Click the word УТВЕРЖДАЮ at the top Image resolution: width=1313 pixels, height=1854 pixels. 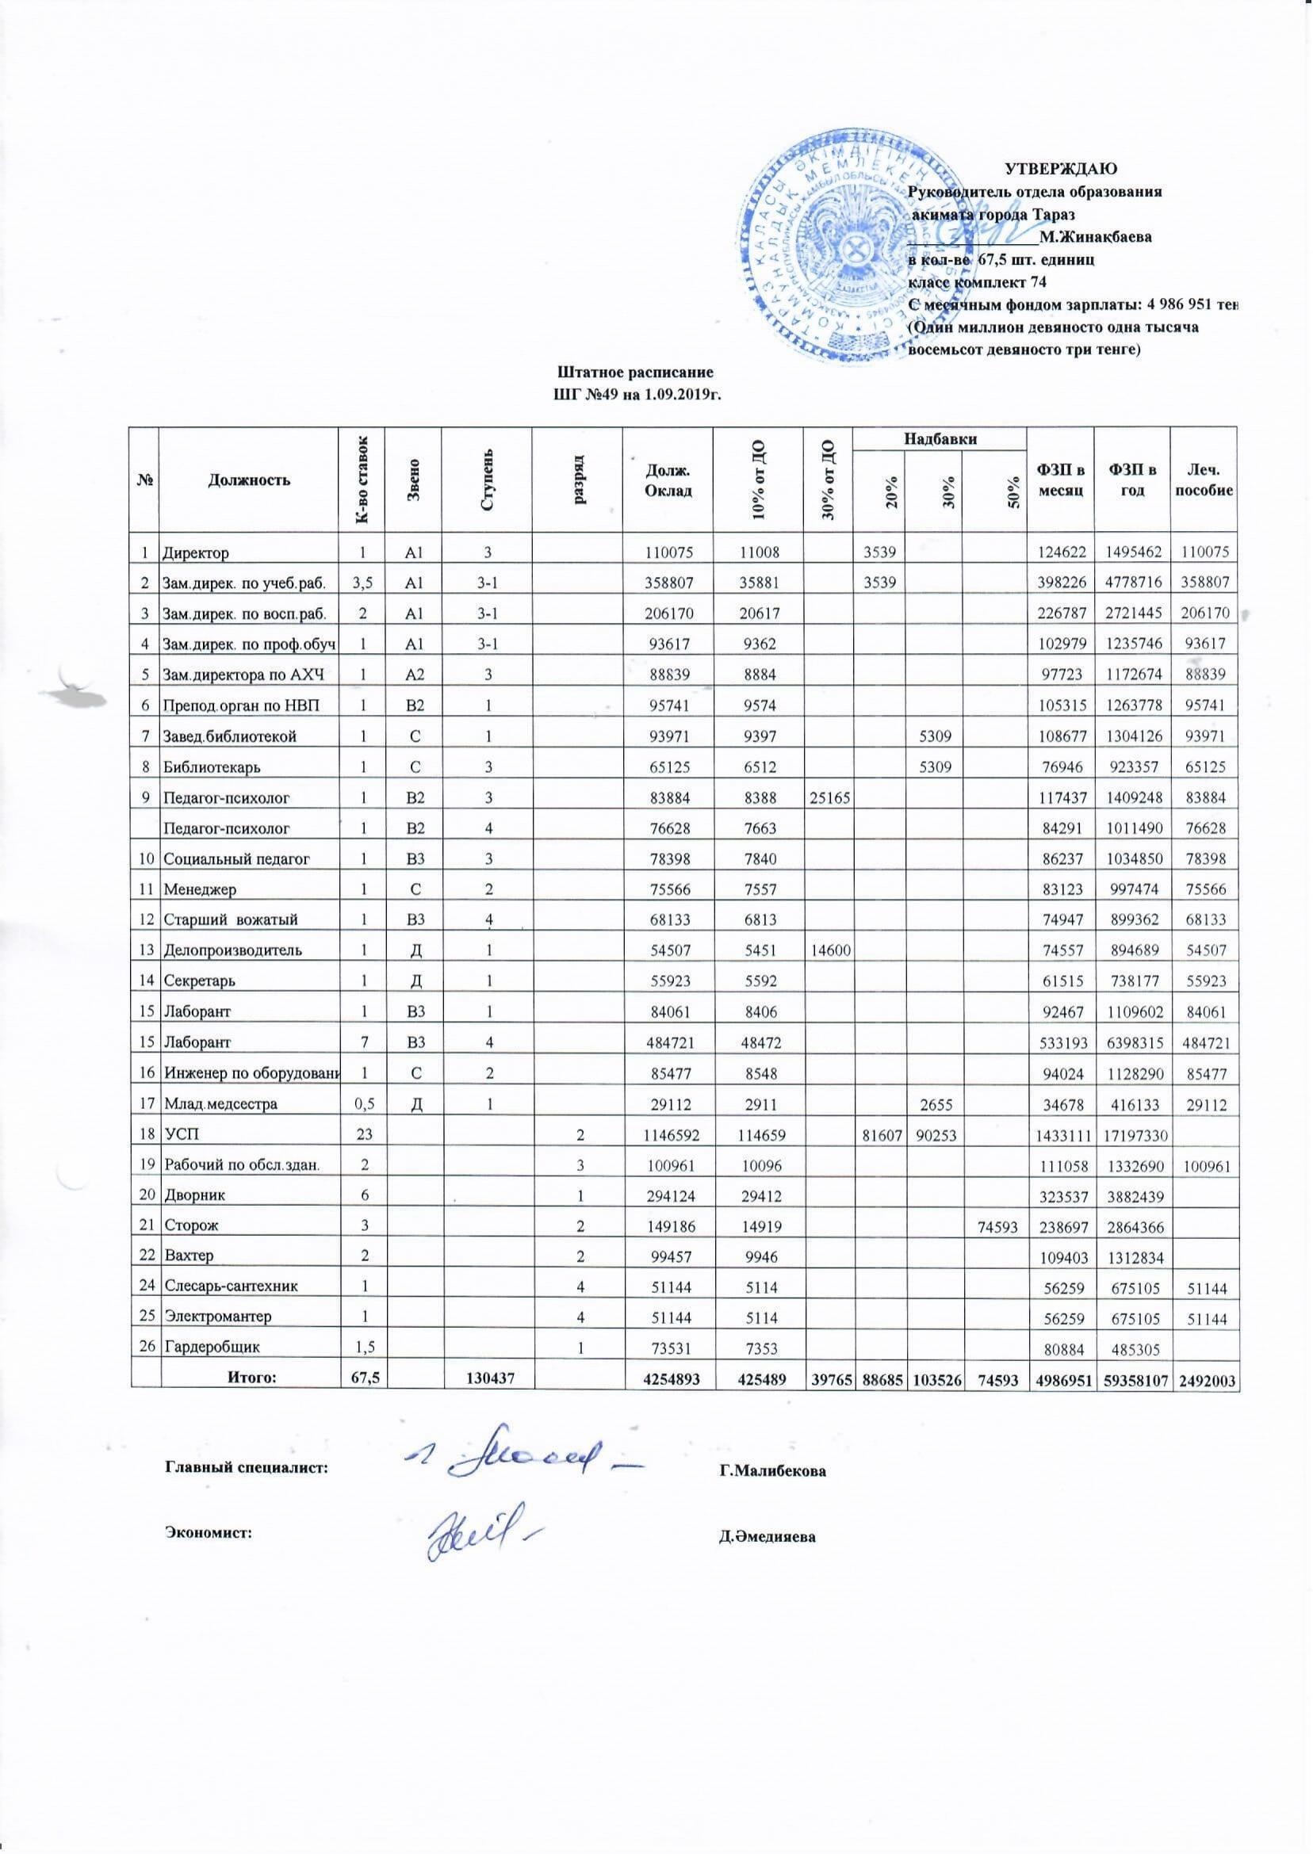[x=1060, y=170]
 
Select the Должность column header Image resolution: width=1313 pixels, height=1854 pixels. [x=249, y=480]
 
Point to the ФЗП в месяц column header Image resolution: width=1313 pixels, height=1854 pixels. [x=1059, y=480]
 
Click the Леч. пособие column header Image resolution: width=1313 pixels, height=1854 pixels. [x=1204, y=480]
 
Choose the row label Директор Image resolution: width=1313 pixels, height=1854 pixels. [x=197, y=553]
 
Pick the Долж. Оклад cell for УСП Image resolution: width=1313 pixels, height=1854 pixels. [x=666, y=1134]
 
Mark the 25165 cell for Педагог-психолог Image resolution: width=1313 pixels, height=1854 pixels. [x=827, y=797]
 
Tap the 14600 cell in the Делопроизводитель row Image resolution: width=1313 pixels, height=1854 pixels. [x=827, y=950]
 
